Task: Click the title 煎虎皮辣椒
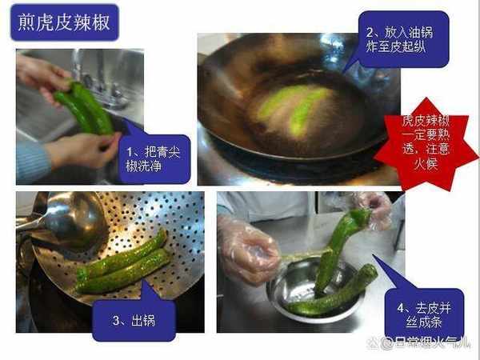64,22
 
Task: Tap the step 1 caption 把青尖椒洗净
153,159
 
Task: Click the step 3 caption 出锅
134,321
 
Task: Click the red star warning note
426,144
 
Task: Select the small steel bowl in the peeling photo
315,290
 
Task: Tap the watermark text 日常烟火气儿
431,342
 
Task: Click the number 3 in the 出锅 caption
116,321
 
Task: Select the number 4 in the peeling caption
401,308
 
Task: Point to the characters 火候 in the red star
426,163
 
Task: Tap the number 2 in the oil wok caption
370,33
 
